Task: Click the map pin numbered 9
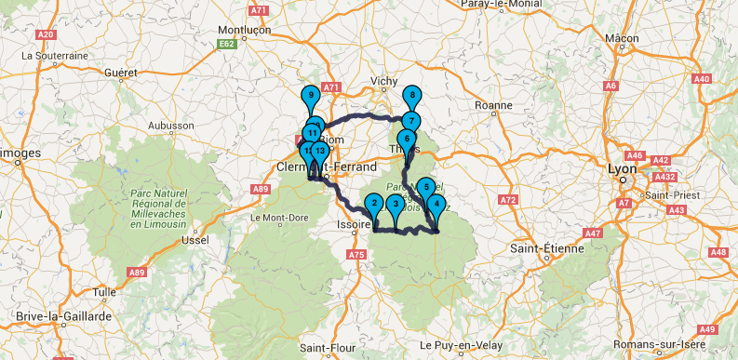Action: tap(310, 94)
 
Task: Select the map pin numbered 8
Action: tap(411, 96)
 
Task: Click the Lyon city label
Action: tap(621, 169)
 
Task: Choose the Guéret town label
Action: tap(121, 72)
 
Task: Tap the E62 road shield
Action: tap(226, 43)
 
